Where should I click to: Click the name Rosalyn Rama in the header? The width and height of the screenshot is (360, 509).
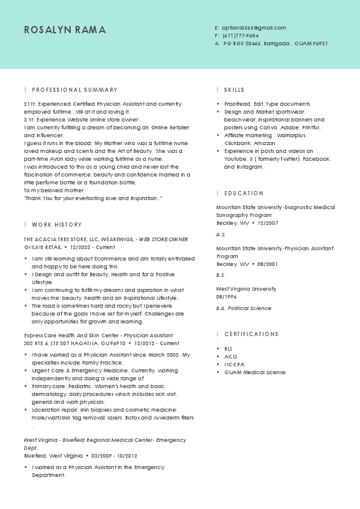point(65,30)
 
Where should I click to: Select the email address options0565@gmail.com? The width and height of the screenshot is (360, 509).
point(254,28)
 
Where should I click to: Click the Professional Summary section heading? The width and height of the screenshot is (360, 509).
point(74,89)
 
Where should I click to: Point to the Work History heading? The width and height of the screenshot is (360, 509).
point(57,224)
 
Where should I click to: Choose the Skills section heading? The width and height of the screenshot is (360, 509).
point(234,89)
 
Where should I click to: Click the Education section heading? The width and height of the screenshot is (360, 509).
point(244,193)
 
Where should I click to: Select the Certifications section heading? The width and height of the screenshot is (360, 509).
point(251,334)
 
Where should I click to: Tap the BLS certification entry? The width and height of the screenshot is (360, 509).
point(228,349)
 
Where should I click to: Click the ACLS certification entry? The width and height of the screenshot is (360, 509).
point(230,357)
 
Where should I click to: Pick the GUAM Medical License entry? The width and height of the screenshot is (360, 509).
point(255,372)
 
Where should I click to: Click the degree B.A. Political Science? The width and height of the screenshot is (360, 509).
point(244,308)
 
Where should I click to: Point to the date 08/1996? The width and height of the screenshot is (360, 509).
point(226,297)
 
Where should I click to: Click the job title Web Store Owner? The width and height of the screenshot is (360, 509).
point(163,239)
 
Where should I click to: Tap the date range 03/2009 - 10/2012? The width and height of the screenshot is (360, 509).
point(114,456)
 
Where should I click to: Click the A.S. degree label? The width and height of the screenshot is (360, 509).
point(221,234)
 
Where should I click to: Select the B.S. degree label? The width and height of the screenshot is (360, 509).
point(221,275)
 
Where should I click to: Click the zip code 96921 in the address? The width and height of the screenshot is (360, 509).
point(320,44)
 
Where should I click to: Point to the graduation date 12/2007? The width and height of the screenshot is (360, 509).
point(267,223)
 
